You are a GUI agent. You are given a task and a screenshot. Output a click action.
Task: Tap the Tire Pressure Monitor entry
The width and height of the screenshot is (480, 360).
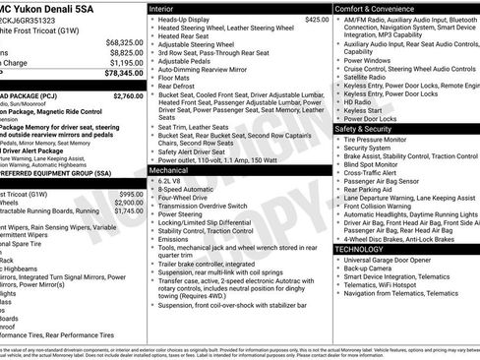pyautogui.click(x=388, y=141)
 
